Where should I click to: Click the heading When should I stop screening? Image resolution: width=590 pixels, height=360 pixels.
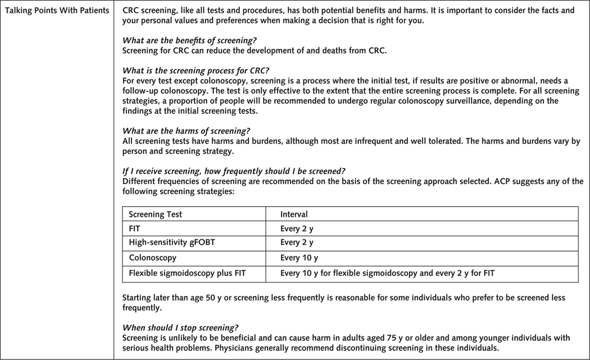point(180,327)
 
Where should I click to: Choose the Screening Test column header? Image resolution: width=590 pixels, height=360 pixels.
point(155,214)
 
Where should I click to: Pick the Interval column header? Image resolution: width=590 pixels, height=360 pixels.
point(294,214)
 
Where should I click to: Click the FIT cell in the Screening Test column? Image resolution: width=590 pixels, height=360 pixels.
point(135,229)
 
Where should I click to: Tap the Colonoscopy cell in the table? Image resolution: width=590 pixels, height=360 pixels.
point(152,258)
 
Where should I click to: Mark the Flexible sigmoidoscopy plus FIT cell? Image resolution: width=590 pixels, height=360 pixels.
point(187,274)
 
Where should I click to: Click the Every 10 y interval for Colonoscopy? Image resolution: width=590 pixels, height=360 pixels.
point(299,258)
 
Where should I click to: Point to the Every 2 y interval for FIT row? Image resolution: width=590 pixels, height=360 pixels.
point(297,229)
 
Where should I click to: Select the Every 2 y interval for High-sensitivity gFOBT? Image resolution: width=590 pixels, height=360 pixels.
point(297,243)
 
